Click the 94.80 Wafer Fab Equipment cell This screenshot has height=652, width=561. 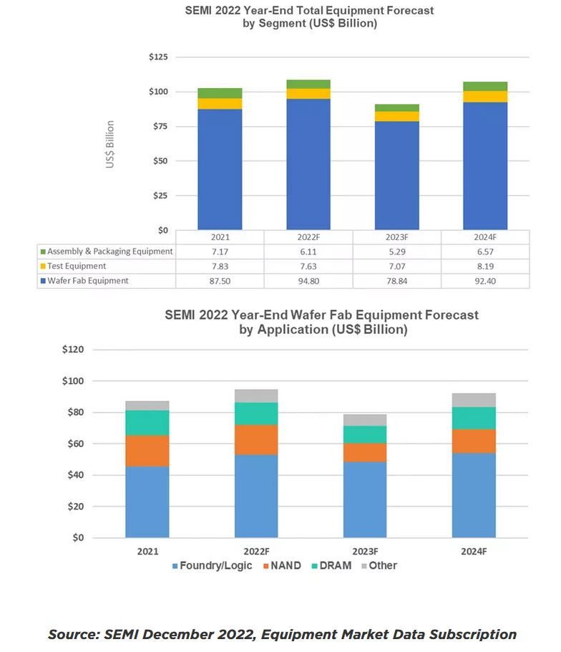click(x=308, y=281)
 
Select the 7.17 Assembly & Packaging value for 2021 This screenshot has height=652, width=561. click(x=220, y=251)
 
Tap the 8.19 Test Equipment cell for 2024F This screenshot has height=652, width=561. click(x=485, y=266)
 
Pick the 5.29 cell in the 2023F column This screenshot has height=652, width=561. click(x=396, y=251)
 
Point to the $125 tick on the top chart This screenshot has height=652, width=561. click(x=157, y=57)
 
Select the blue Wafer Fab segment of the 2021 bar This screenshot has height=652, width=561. click(x=220, y=168)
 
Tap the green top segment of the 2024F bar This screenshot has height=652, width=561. click(x=485, y=87)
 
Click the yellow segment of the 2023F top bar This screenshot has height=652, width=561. click(x=396, y=116)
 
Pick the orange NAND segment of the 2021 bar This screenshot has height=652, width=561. click(x=147, y=451)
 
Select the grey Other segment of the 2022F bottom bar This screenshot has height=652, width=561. click(x=256, y=395)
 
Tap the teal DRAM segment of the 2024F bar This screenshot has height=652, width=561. click(x=474, y=418)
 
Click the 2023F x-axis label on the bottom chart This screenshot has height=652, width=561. click(x=365, y=552)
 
